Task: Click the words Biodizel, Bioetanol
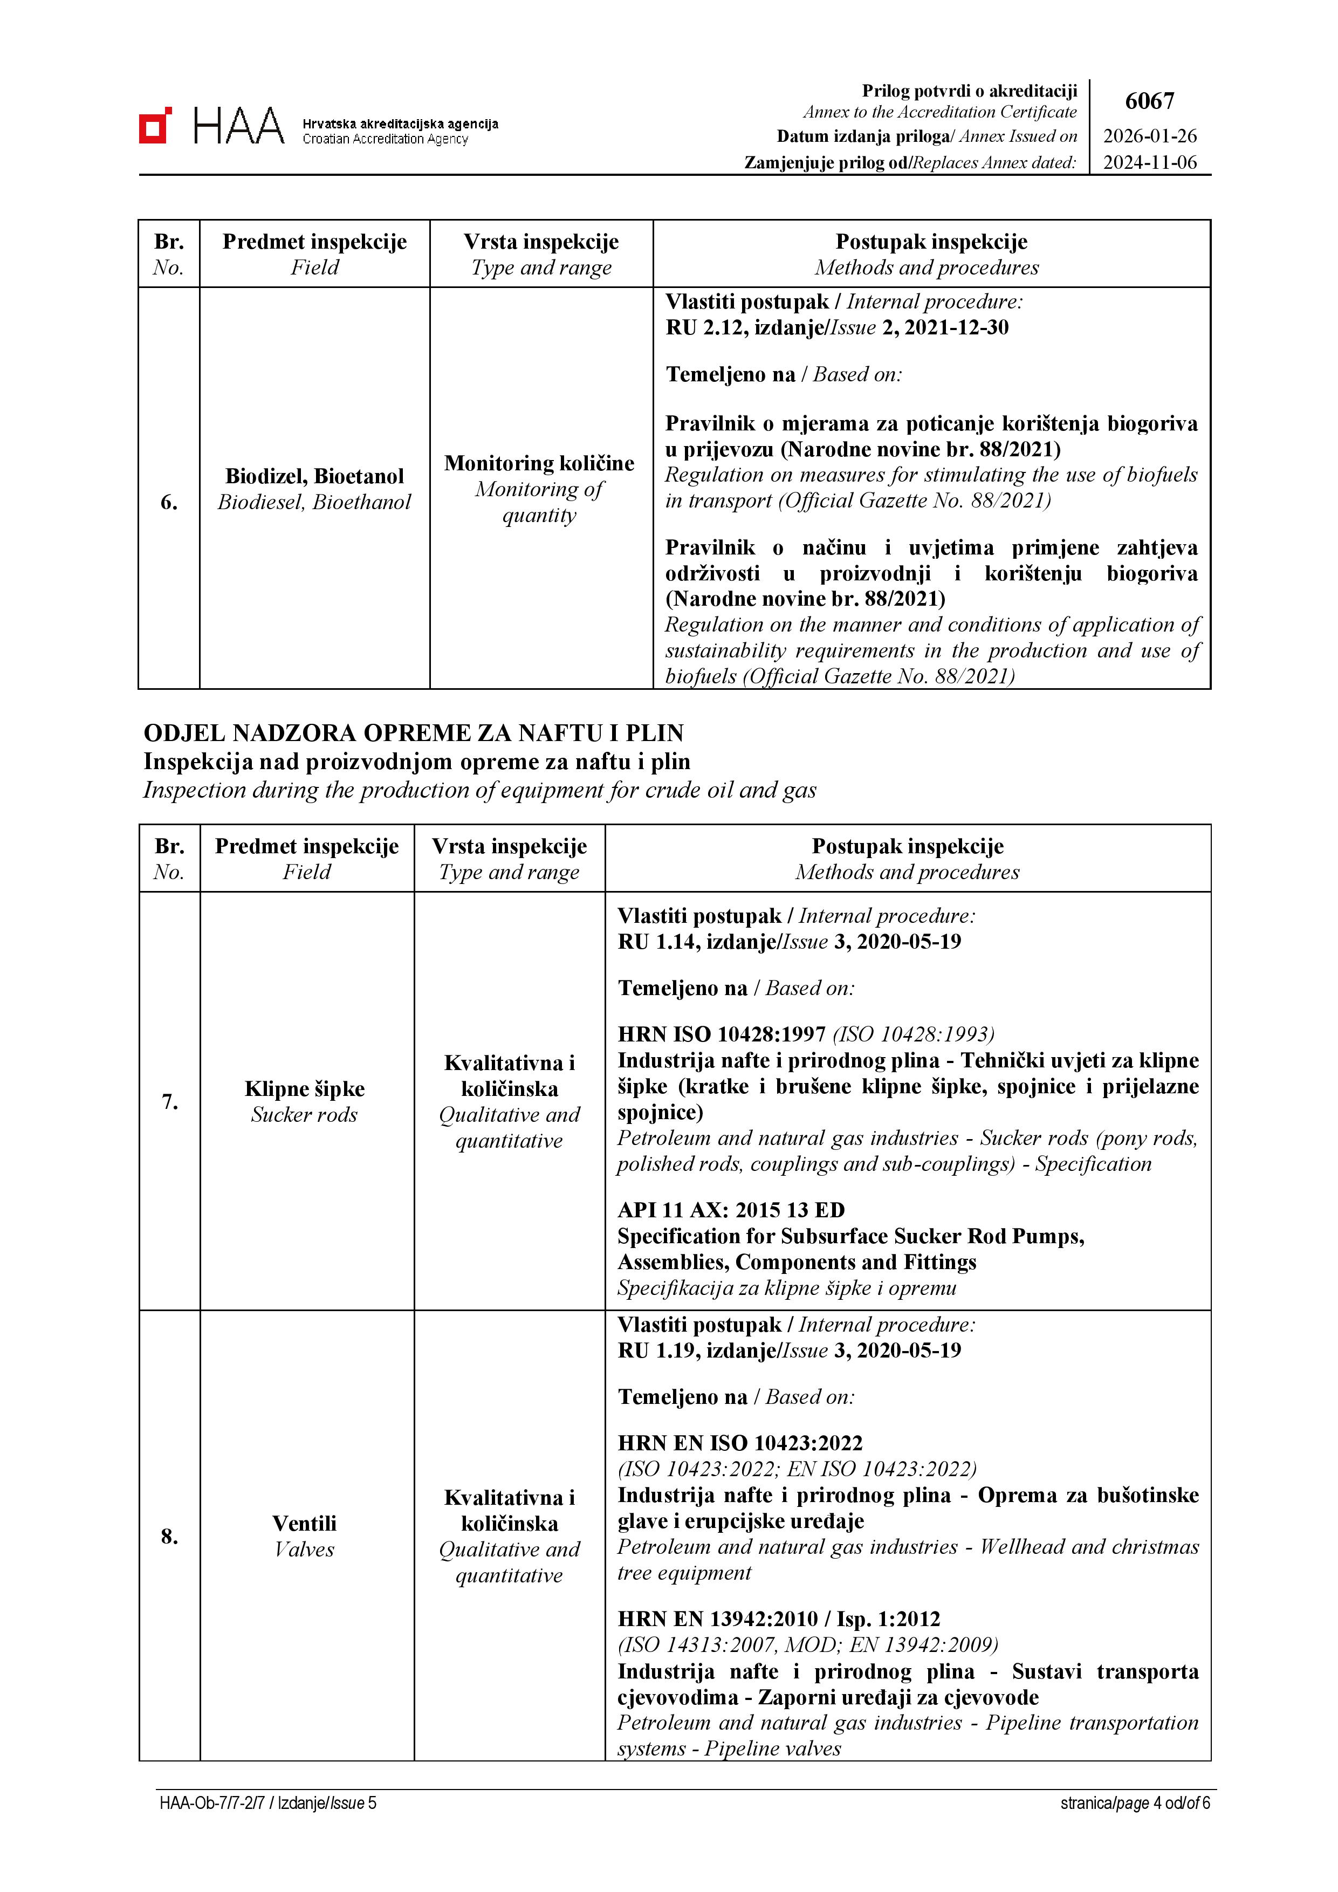315,476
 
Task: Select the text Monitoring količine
540,463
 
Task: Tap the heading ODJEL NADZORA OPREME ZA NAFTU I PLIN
414,732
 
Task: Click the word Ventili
305,1523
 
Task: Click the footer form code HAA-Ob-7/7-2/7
212,1803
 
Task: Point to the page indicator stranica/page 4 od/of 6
1135,1803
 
